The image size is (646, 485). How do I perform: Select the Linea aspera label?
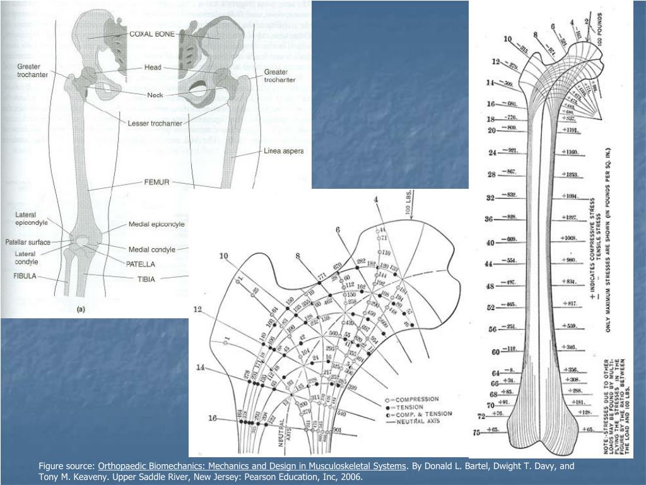click(283, 152)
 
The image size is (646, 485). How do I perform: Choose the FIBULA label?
click(25, 276)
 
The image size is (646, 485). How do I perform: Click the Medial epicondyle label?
click(156, 224)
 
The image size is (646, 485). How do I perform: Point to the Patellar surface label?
click(27, 242)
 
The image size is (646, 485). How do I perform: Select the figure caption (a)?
click(81, 309)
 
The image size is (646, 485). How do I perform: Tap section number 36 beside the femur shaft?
click(488, 219)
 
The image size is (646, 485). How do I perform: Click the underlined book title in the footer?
click(252, 466)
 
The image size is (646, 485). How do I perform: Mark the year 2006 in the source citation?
click(351, 477)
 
